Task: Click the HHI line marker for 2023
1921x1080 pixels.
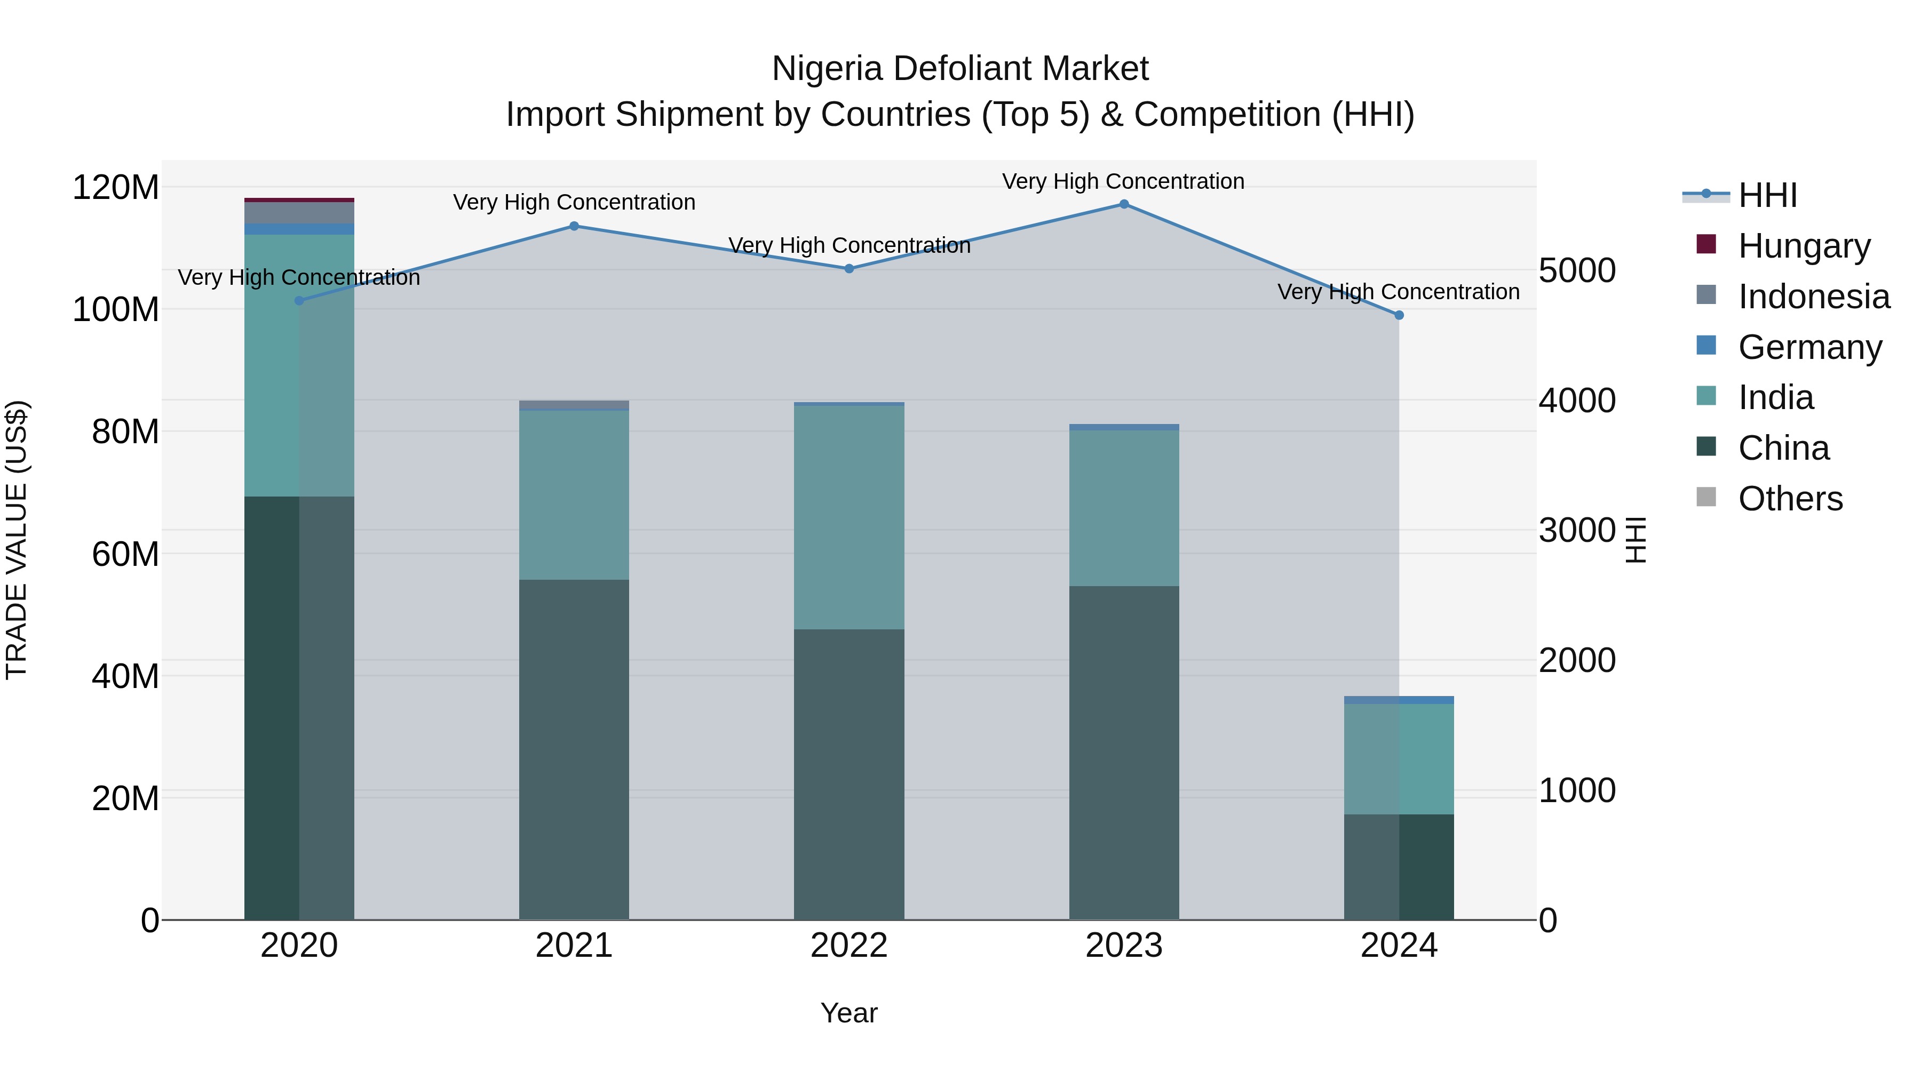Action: pos(1124,204)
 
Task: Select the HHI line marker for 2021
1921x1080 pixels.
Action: pos(574,226)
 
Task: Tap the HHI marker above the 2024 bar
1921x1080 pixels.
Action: pos(1399,315)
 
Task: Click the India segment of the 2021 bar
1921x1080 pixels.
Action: pos(574,495)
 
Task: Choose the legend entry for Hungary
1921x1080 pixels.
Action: pos(1804,246)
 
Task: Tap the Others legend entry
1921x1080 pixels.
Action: pos(1790,499)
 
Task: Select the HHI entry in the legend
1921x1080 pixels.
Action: pos(1767,195)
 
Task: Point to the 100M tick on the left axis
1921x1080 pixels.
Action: pos(116,309)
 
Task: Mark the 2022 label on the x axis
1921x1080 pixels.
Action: pos(848,946)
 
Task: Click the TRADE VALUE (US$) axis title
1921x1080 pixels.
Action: pos(17,540)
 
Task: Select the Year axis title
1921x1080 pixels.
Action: pos(848,1013)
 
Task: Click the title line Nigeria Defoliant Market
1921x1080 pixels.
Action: pos(960,69)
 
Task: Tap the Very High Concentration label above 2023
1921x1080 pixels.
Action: pos(1123,181)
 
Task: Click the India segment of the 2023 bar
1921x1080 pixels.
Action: pos(1124,508)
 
